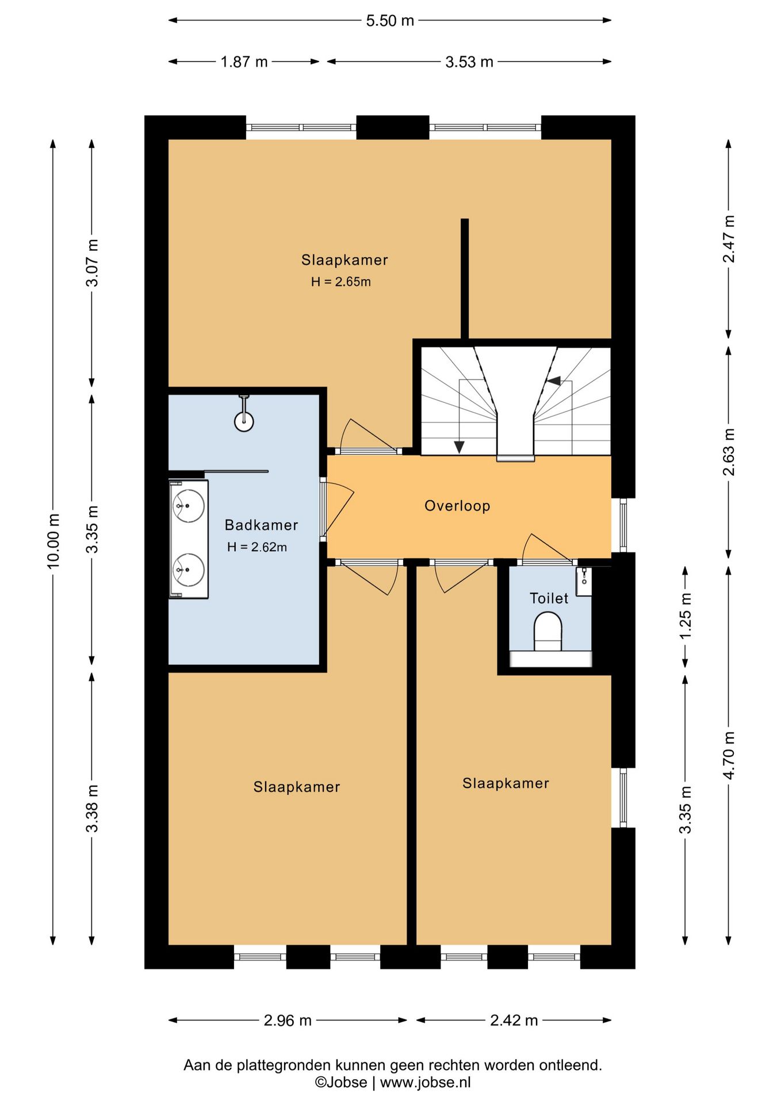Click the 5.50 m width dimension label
(x=390, y=21)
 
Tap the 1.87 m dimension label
(x=244, y=62)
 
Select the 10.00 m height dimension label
(x=53, y=540)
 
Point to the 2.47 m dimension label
(x=729, y=239)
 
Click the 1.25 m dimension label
(x=685, y=616)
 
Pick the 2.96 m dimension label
(x=288, y=1020)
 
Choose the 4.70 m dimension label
(x=729, y=755)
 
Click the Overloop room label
(x=457, y=506)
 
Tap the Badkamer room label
(x=261, y=525)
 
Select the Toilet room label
(x=549, y=599)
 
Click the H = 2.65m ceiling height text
(x=341, y=282)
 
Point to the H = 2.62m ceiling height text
(x=257, y=547)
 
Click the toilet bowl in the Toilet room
(x=548, y=631)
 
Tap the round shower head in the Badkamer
(x=244, y=421)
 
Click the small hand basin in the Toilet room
(x=583, y=581)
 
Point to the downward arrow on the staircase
(x=459, y=447)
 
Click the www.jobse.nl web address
(x=425, y=1083)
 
